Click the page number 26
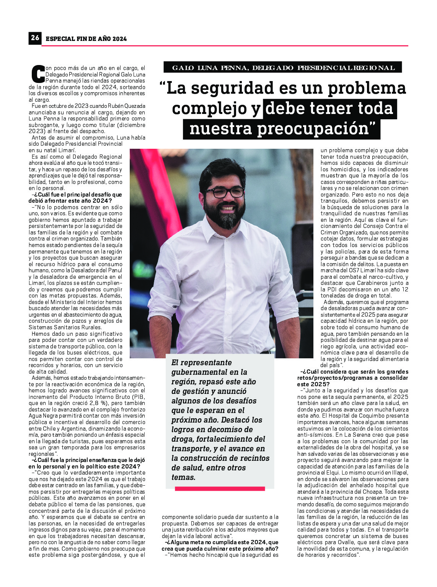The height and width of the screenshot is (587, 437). [x=35, y=38]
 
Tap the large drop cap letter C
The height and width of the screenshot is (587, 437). [x=38, y=74]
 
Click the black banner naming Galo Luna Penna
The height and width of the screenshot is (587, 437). [x=283, y=68]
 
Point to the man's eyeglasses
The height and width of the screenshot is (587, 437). [x=224, y=192]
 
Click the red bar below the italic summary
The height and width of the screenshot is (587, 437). [x=220, y=489]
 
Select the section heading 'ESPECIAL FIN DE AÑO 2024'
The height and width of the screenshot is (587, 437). [x=86, y=39]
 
